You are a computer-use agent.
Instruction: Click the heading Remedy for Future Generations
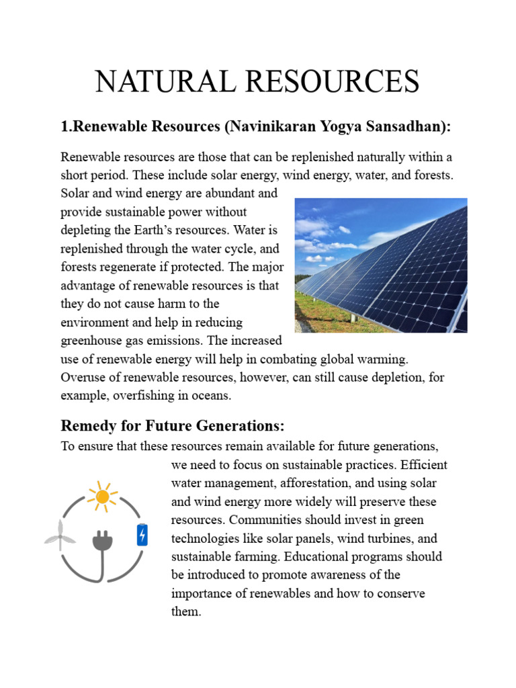[173, 426]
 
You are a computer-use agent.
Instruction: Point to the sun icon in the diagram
[102, 497]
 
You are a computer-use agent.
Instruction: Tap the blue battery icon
[142, 535]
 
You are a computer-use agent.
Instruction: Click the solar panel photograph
[381, 265]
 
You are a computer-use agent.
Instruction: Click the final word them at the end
[186, 611]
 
